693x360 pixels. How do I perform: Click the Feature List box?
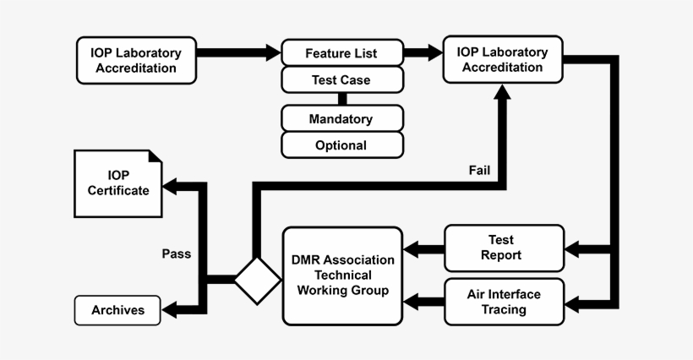[x=341, y=53]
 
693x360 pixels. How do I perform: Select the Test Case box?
[x=341, y=80]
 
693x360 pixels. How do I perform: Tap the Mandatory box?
[x=341, y=119]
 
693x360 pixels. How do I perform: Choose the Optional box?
[x=341, y=145]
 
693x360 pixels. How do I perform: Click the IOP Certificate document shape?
[x=117, y=184]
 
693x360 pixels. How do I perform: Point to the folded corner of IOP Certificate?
[x=156, y=156]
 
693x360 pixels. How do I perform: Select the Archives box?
[x=117, y=310]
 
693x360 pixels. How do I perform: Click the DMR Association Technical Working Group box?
[x=341, y=275]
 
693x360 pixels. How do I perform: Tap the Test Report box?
[x=504, y=248]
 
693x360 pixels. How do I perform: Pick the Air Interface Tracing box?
[x=504, y=302]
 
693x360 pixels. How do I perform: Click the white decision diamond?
[x=257, y=280]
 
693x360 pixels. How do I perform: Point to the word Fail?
[x=479, y=171]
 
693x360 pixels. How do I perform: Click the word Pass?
[x=176, y=254]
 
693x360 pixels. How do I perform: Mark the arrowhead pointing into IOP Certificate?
[x=172, y=185]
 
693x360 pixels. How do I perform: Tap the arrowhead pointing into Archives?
[x=172, y=310]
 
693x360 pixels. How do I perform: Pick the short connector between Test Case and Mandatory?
[x=342, y=99]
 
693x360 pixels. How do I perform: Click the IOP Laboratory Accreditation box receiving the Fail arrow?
[x=503, y=59]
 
